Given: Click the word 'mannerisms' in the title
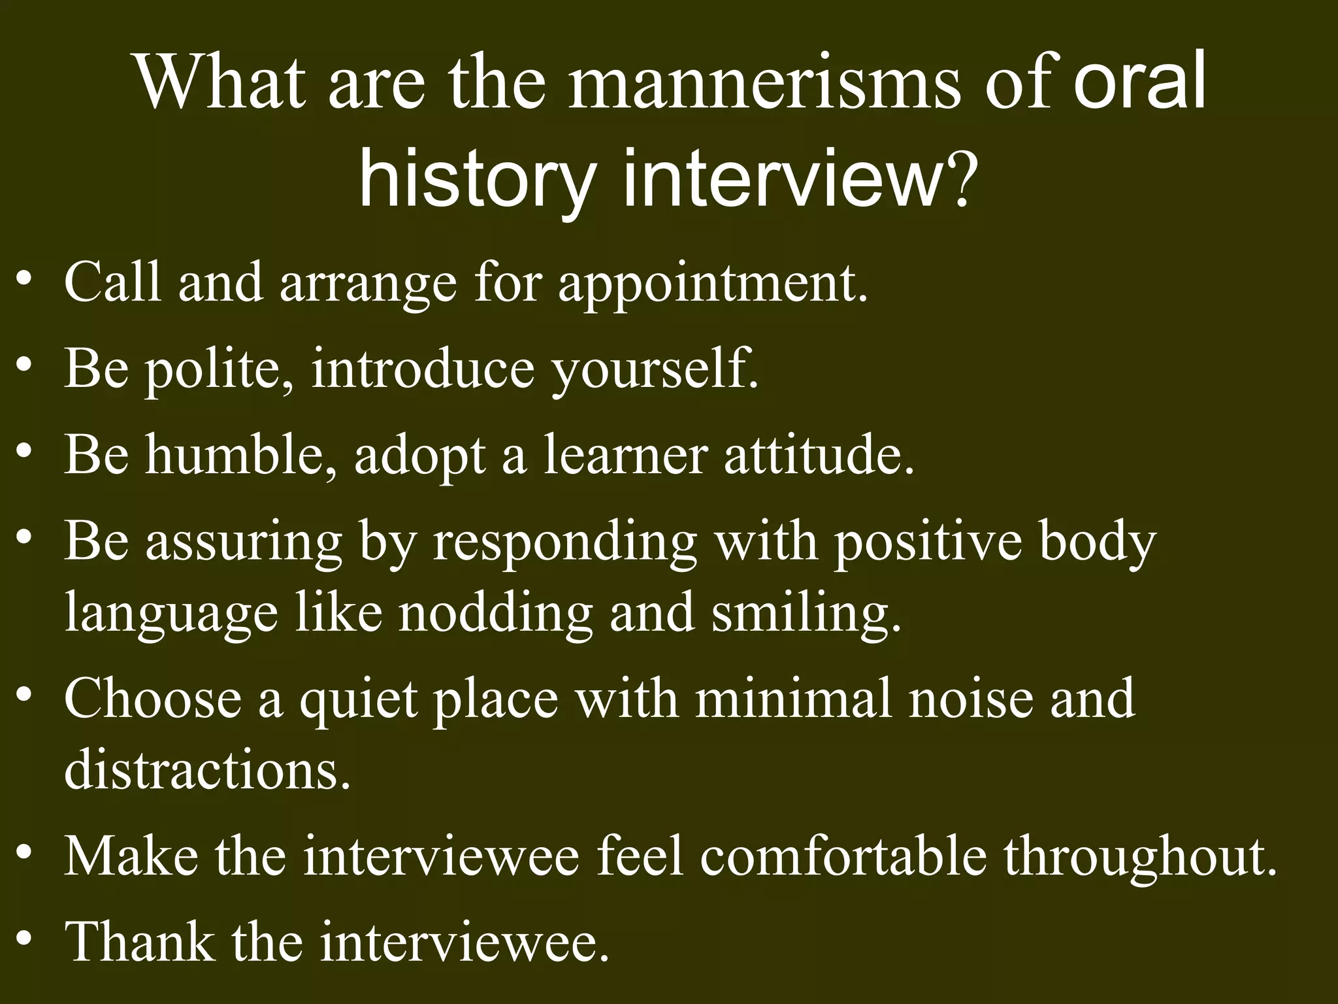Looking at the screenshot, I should pyautogui.click(x=764, y=85).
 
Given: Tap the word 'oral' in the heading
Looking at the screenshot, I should pyautogui.click(x=1139, y=84).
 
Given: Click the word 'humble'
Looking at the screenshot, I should pyautogui.click(x=242, y=455).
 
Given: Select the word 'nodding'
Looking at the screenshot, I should pyautogui.click(x=496, y=614).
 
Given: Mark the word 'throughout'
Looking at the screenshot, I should pyautogui.click(x=1140, y=857).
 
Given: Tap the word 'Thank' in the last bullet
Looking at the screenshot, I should pyautogui.click(x=140, y=942).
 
